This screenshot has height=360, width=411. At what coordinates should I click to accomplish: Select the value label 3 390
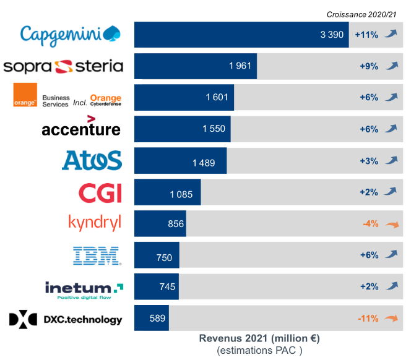point(332,35)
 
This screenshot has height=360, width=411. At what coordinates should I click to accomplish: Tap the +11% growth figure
point(366,35)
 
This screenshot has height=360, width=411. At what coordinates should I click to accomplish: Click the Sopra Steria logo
point(63,66)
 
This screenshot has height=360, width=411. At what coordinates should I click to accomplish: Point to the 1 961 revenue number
point(240,66)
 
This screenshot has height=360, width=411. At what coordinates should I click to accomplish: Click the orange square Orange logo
point(25,95)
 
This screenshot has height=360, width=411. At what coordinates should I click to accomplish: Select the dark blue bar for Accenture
point(182,129)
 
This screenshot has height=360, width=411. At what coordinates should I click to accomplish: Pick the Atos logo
point(92,161)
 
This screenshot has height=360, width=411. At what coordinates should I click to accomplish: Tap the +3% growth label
point(369,161)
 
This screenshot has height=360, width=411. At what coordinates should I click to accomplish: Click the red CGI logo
point(100,192)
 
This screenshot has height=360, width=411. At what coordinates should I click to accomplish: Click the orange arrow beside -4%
point(391,225)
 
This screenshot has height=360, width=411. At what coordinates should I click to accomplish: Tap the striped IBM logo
point(97,255)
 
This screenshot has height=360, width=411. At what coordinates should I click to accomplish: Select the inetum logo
point(84,288)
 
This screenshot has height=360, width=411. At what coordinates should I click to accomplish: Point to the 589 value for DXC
point(158,319)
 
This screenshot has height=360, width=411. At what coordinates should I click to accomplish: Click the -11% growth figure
point(368,319)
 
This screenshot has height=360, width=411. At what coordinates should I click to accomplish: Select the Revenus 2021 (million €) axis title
point(259,339)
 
